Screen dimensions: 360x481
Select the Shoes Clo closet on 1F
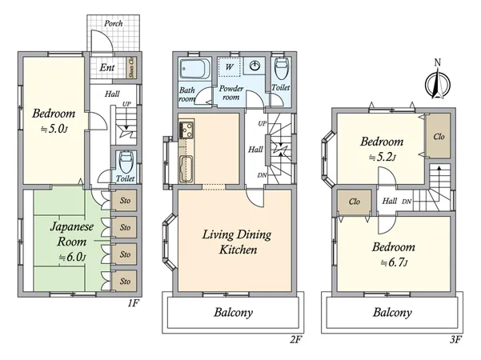click(132, 67)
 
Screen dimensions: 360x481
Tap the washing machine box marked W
click(230, 66)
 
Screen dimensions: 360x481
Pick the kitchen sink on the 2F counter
click(187, 168)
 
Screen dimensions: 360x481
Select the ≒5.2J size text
click(381, 157)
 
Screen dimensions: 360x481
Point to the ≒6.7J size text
click(394, 262)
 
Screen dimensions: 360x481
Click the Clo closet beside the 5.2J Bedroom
click(439, 135)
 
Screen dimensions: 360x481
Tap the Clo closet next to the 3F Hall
click(353, 202)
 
